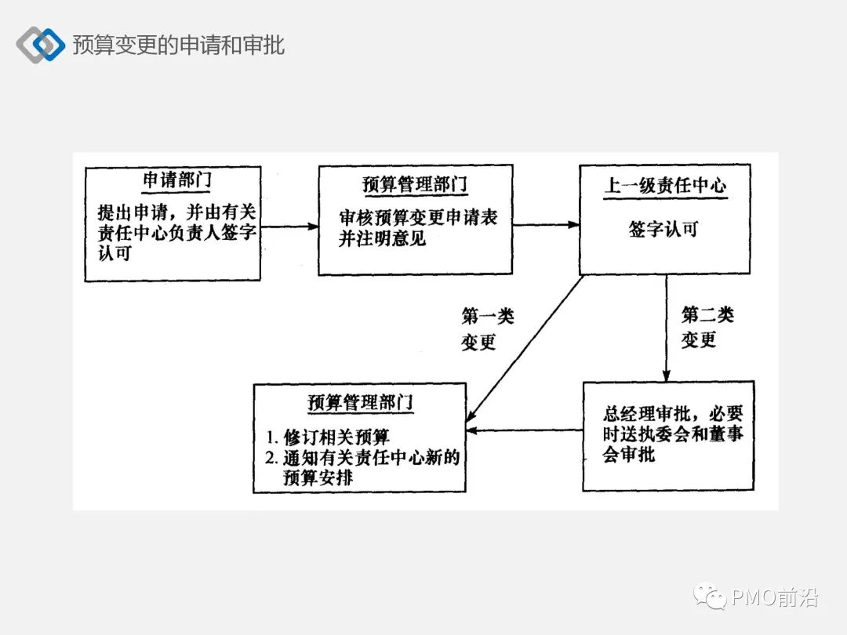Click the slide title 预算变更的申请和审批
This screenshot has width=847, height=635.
(178, 45)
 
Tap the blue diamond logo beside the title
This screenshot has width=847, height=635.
(41, 45)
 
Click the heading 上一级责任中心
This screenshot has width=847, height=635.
(664, 186)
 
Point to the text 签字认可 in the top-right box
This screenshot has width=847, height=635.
(663, 229)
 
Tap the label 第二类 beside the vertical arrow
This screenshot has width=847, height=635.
(707, 315)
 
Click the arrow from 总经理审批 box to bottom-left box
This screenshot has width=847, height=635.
(524, 430)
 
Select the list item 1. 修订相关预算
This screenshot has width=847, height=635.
(327, 437)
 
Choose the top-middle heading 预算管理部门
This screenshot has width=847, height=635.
(415, 185)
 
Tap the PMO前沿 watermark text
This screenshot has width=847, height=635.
(774, 599)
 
